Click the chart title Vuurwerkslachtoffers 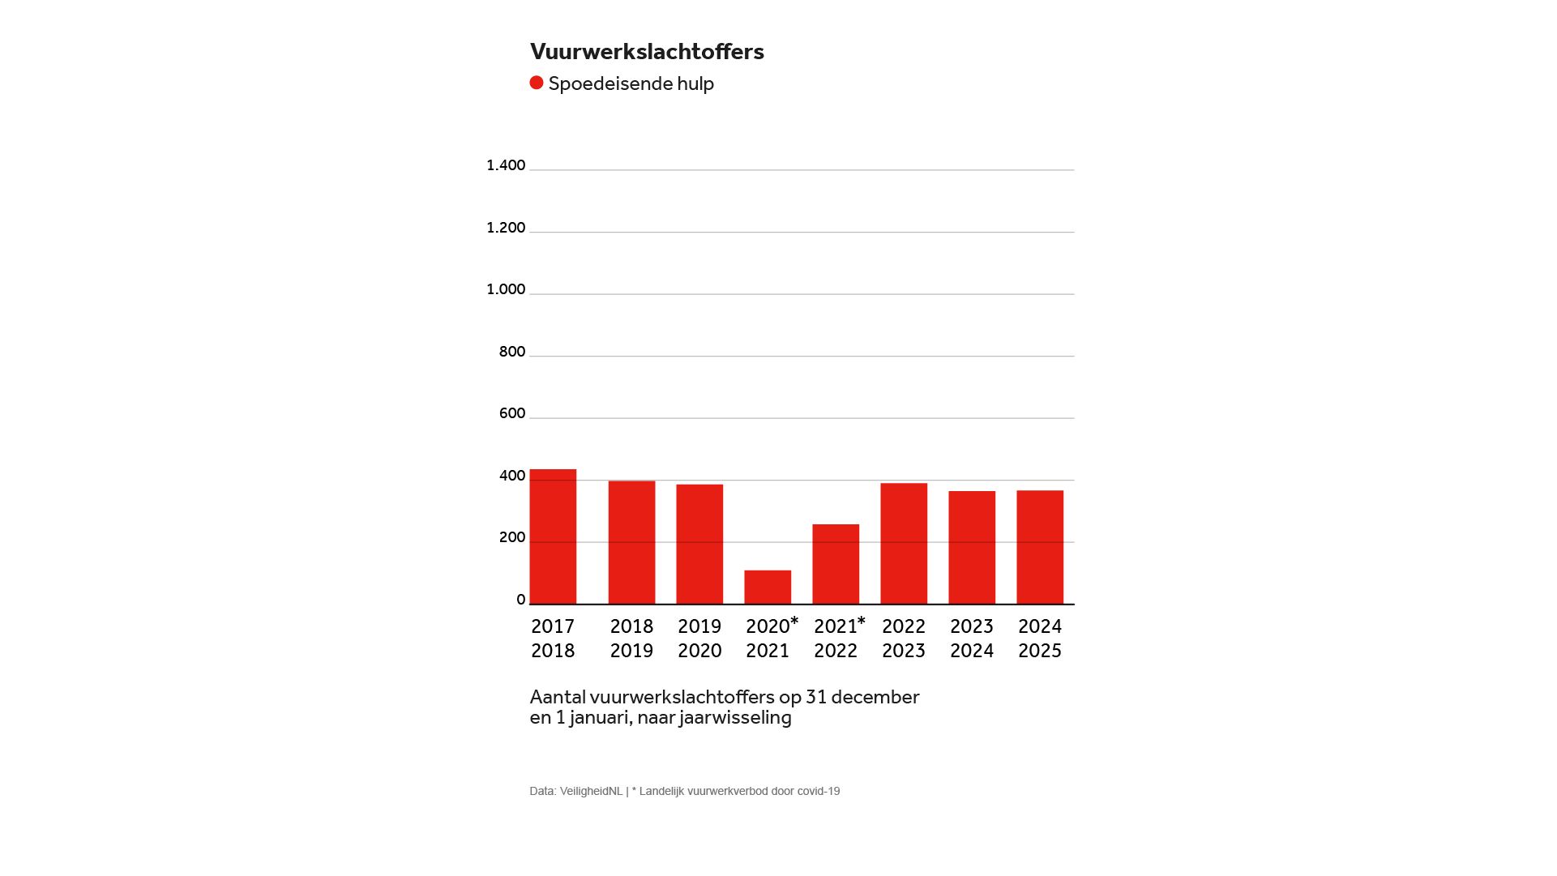point(647,52)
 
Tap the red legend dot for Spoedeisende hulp point(537,83)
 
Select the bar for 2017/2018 point(554,537)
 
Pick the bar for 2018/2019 point(632,543)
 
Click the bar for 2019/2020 point(699,545)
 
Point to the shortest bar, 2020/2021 point(768,588)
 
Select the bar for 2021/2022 point(836,565)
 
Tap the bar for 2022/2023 point(904,544)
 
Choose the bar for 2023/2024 point(972,548)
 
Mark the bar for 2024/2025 point(1040,548)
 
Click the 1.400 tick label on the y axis point(506,165)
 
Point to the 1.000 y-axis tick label point(506,289)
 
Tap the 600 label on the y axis point(512,413)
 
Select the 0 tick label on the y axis point(521,600)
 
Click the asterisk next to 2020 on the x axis point(794,622)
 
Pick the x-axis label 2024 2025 point(1040,639)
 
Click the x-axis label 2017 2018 point(553,639)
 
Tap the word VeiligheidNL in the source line point(591,792)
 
